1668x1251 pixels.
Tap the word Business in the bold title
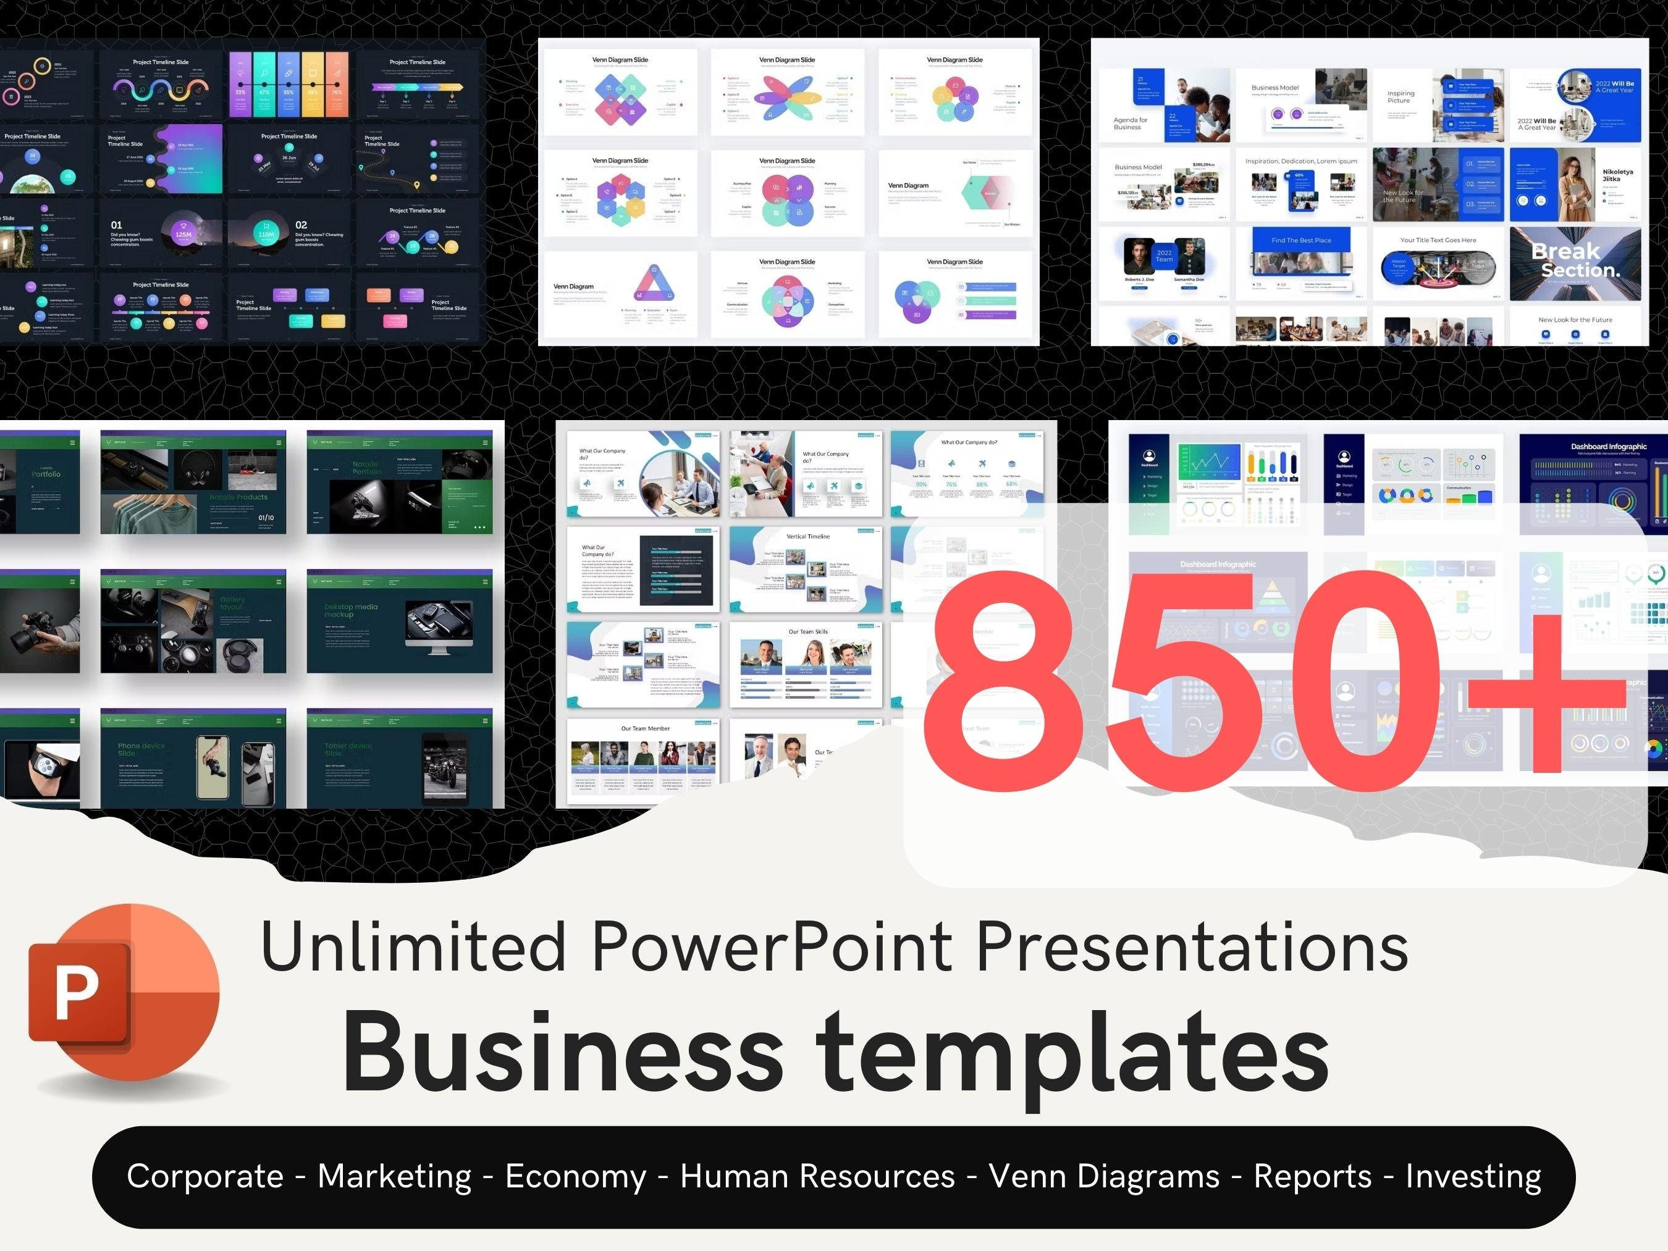click(563, 1052)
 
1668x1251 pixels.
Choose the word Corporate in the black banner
click(205, 1176)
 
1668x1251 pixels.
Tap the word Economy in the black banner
click(576, 1176)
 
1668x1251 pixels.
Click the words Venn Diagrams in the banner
click(1105, 1176)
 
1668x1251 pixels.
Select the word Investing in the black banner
click(1473, 1176)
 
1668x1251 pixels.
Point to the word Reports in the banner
click(1313, 1176)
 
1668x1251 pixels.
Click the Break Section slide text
click(1575, 260)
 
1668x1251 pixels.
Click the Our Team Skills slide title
click(807, 632)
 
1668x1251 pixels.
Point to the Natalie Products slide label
click(238, 497)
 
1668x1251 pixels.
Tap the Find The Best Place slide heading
click(1301, 240)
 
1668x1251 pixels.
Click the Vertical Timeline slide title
click(807, 536)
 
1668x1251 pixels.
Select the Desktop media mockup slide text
click(351, 610)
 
